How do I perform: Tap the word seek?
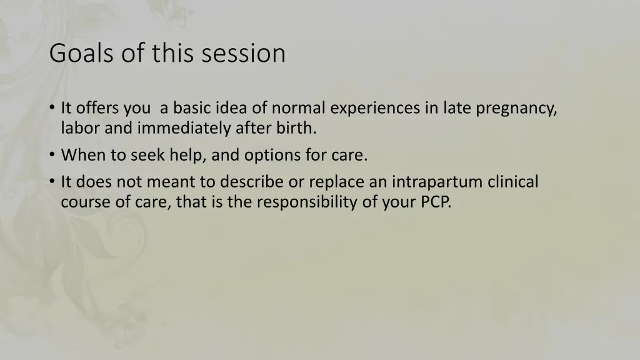tap(149, 155)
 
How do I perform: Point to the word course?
tap(82, 202)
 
